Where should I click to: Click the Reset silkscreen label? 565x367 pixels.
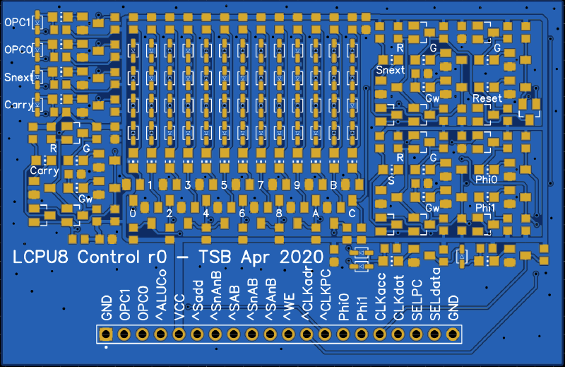tap(487, 98)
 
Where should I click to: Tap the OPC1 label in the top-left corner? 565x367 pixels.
tap(18, 23)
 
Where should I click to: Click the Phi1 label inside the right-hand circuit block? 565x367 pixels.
tap(486, 207)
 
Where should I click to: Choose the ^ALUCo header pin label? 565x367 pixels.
tap(161, 296)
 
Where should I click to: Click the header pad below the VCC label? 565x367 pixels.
tap(179, 334)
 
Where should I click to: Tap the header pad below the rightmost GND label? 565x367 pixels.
tap(453, 334)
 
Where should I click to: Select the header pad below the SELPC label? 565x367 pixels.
tap(416, 334)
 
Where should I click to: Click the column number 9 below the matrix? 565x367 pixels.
tap(297, 185)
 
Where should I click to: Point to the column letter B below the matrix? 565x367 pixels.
tap(333, 185)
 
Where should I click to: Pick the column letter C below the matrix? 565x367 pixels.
tap(352, 212)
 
